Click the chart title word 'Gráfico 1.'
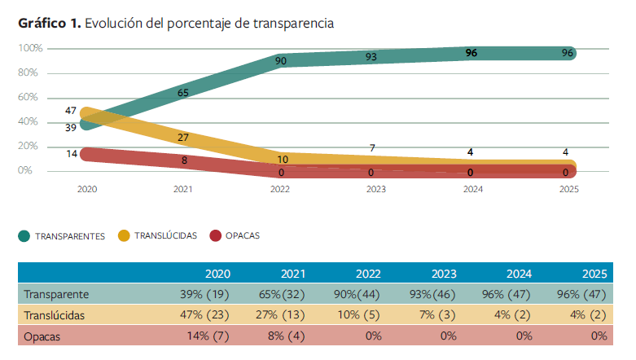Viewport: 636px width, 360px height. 49,24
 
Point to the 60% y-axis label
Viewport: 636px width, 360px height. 29,98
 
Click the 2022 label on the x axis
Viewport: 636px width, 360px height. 279,189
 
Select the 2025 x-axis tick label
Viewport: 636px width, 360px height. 568,189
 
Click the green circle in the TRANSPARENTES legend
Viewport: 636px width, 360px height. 24,236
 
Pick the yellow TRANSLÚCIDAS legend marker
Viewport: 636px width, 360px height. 124,236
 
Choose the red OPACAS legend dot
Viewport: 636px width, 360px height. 215,236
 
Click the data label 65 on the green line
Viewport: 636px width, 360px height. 183,93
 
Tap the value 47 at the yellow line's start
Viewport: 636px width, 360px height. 71,110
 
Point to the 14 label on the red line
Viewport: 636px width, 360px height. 72,153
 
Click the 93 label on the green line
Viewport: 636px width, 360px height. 371,57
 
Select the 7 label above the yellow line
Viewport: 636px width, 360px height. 372,148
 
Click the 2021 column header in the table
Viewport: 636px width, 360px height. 292,273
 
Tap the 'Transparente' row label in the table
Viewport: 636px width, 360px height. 56,294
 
